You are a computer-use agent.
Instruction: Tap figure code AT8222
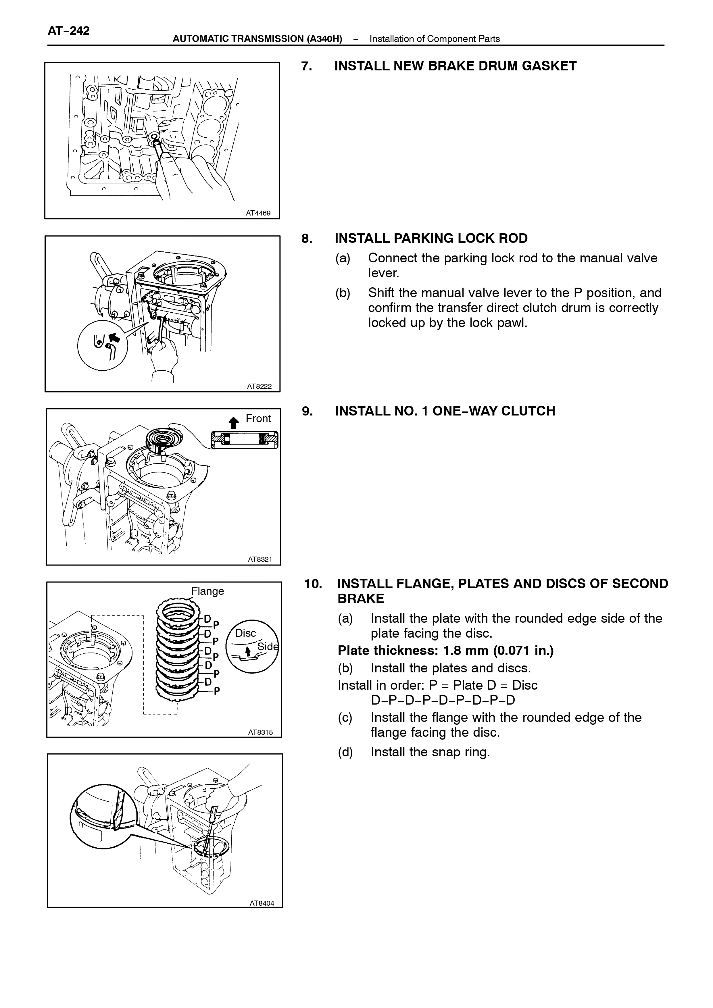click(x=259, y=386)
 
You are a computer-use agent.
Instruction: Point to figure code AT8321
click(x=260, y=559)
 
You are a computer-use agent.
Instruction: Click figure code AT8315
click(x=260, y=732)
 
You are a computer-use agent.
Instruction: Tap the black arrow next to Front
click(x=234, y=422)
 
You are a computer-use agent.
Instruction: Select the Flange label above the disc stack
click(x=208, y=591)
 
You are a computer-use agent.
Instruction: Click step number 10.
click(x=314, y=584)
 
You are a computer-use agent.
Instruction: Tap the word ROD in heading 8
click(x=514, y=238)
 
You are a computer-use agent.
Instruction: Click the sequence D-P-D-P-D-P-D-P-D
click(x=443, y=699)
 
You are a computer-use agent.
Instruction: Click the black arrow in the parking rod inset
click(x=114, y=337)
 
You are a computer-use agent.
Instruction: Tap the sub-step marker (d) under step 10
click(x=345, y=752)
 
